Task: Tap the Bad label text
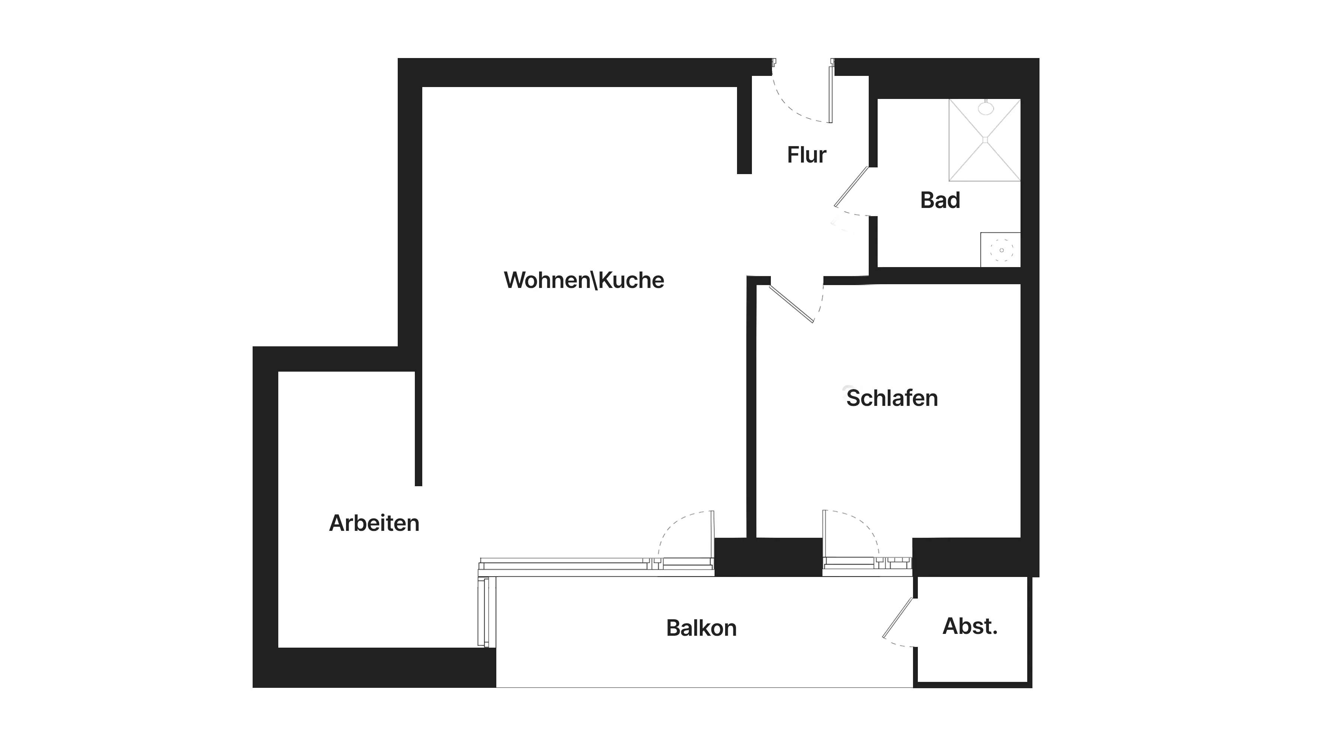pos(940,200)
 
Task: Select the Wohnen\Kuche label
pos(584,280)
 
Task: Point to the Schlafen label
pos(892,398)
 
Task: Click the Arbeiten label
pos(374,523)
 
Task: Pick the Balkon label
pos(701,628)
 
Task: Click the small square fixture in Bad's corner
pos(1000,250)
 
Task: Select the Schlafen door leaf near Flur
pos(791,304)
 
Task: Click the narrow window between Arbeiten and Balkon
pos(483,612)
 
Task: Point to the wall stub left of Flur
pos(744,128)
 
